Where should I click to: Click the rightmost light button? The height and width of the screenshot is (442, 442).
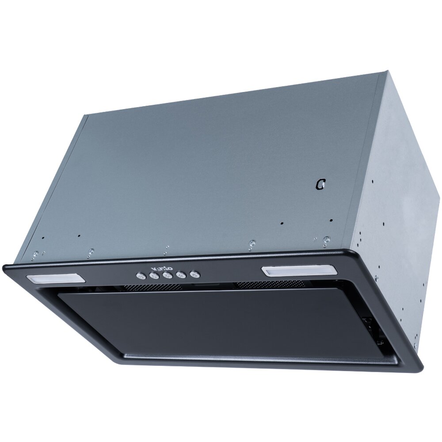194,274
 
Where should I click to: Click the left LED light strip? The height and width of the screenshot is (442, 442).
56,278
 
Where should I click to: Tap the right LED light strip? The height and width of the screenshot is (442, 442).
299,271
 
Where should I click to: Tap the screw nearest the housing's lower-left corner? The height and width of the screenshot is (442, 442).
35,254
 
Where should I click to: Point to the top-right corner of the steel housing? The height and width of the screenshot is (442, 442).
387,72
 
